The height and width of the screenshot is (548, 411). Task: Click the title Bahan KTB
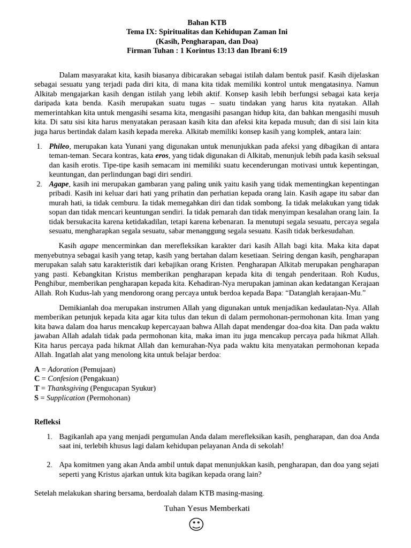click(x=207, y=22)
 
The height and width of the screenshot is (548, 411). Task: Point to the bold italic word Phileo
click(x=59, y=146)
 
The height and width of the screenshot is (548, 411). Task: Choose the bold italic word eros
click(x=162, y=156)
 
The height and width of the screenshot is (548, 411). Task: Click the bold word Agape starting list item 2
click(x=59, y=184)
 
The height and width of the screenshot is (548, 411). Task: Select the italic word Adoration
click(x=63, y=369)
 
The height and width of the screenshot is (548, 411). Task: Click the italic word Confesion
click(x=63, y=379)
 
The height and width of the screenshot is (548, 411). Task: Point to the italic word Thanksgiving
click(x=67, y=389)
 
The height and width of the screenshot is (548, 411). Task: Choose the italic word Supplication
click(x=66, y=398)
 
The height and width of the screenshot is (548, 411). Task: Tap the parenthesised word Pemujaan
click(x=98, y=369)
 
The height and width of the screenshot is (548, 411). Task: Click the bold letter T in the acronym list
click(x=37, y=389)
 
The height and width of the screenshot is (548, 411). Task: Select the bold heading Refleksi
click(x=48, y=422)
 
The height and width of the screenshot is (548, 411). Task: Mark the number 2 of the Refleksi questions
click(x=49, y=465)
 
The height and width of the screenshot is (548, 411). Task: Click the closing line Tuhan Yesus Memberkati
click(x=207, y=508)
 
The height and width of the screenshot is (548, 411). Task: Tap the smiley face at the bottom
click(x=196, y=524)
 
